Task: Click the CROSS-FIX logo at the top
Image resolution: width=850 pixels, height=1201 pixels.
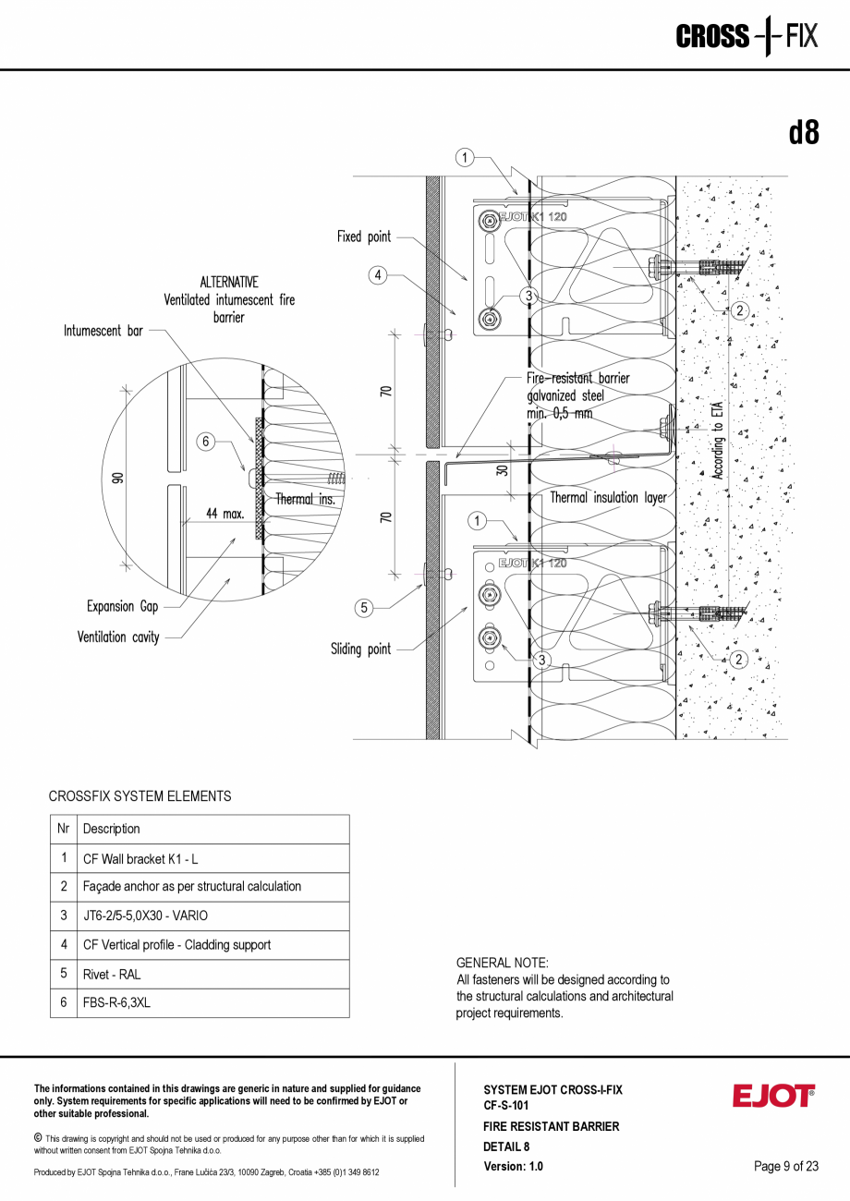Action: (x=747, y=37)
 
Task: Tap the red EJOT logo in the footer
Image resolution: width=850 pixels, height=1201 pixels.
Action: (x=773, y=1096)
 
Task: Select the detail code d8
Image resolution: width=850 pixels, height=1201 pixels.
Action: (x=804, y=133)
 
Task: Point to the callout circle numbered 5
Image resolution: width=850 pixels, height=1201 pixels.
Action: (x=364, y=607)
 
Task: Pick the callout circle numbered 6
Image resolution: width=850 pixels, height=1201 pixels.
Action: (x=206, y=442)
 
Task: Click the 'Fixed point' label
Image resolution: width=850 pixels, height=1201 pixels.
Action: (x=364, y=237)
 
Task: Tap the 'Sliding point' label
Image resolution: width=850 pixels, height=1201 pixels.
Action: (x=360, y=649)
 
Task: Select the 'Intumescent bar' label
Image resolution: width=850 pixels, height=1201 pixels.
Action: (x=103, y=330)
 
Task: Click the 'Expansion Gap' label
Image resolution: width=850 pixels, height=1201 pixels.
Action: (x=123, y=607)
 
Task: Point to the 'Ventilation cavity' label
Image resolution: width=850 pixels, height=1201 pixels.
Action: (x=118, y=637)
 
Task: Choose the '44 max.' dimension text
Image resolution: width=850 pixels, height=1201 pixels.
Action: (x=225, y=514)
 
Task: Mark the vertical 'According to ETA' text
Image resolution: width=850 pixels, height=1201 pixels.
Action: (x=718, y=441)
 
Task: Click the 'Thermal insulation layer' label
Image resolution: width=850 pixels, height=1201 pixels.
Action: (x=608, y=498)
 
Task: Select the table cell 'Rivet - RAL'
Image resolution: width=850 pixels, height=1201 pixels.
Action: (x=112, y=974)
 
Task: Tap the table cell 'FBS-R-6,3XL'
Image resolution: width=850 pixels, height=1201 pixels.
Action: (x=116, y=1002)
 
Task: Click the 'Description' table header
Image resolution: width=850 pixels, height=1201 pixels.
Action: (x=112, y=829)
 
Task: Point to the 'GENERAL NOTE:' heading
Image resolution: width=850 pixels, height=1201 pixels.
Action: (x=503, y=963)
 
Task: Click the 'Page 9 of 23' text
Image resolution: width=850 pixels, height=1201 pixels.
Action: (x=786, y=1166)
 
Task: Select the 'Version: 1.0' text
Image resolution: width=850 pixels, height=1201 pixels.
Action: (x=514, y=1166)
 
